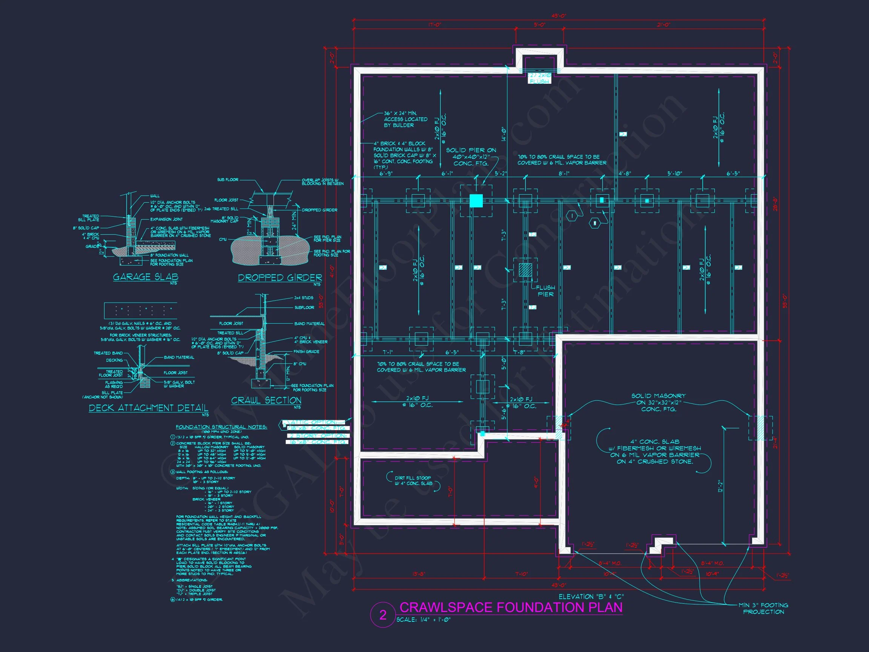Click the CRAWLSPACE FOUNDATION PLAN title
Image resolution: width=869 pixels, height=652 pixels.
(x=511, y=607)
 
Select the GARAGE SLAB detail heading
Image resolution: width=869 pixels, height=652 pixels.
(x=145, y=277)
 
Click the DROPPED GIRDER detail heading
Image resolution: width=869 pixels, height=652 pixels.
(x=280, y=278)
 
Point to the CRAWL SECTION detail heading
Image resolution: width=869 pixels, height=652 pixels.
(x=266, y=400)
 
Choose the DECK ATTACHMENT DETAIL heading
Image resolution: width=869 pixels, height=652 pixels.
(x=149, y=408)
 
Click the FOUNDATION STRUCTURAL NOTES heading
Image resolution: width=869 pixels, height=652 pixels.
(x=221, y=427)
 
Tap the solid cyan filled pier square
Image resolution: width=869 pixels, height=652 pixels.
(x=476, y=201)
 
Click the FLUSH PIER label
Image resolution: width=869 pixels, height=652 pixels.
(x=545, y=291)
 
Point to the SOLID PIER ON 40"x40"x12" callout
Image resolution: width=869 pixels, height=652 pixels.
(x=471, y=157)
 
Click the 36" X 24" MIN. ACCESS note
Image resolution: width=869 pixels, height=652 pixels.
(x=405, y=119)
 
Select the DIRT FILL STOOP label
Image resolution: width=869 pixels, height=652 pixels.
(x=413, y=481)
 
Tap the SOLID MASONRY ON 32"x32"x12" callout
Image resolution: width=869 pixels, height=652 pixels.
(x=658, y=403)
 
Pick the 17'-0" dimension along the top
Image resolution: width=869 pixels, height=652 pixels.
(x=434, y=25)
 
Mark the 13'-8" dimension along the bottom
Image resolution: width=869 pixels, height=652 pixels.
(x=419, y=574)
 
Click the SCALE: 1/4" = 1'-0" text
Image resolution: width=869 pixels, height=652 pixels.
(x=424, y=620)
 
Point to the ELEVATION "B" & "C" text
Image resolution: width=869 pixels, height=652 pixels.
(x=591, y=597)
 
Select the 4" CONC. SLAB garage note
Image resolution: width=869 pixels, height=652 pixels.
(x=654, y=452)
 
